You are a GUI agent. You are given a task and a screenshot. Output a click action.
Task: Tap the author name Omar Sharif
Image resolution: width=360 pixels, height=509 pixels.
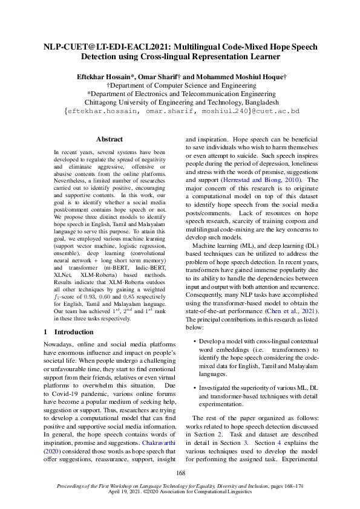coord(164,77)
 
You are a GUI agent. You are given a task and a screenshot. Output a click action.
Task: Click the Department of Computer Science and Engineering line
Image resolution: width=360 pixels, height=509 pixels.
coord(180,86)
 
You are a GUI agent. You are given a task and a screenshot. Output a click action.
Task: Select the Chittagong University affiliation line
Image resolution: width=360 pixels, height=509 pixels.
coord(180,103)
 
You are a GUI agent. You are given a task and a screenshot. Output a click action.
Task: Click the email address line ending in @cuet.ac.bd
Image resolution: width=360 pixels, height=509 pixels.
coord(180,112)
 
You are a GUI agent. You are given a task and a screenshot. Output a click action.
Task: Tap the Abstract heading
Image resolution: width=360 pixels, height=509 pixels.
coord(110,139)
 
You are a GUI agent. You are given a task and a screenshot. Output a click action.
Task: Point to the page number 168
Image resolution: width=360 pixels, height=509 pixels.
coord(180,473)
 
